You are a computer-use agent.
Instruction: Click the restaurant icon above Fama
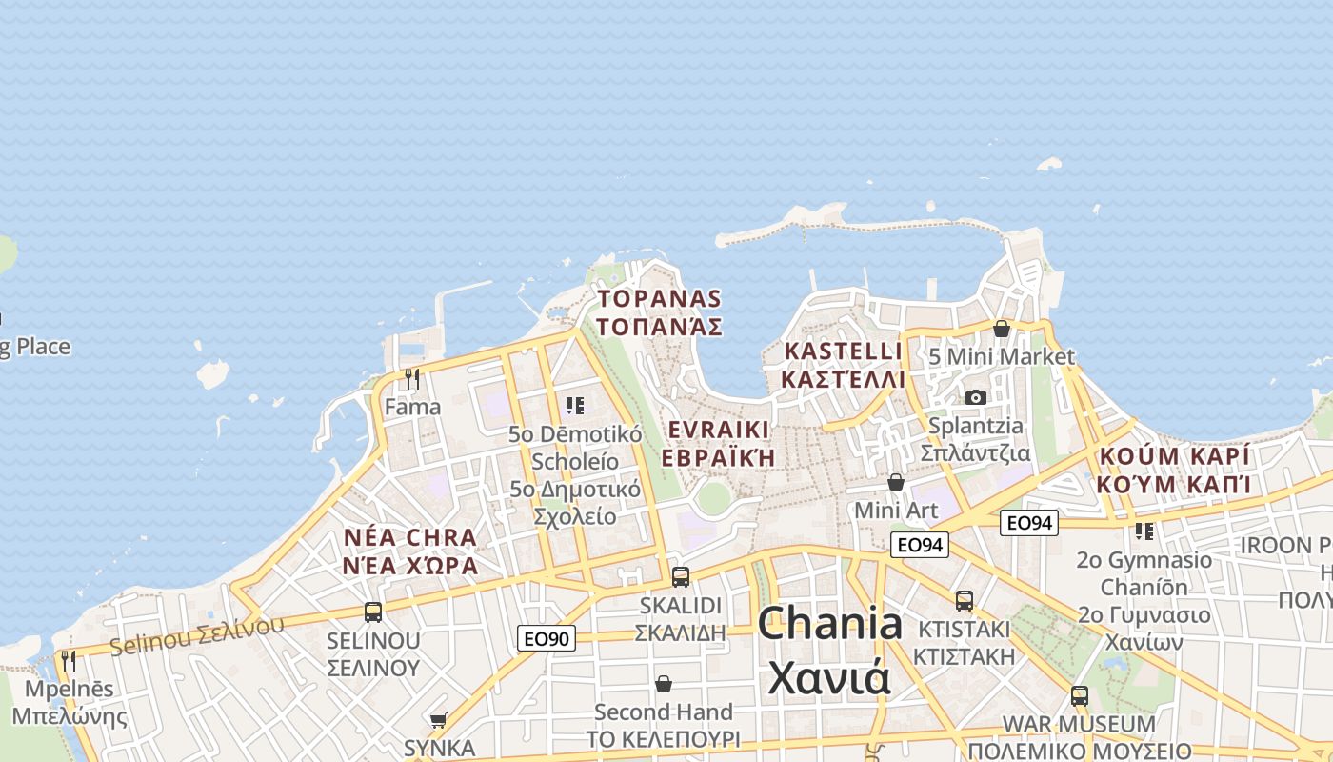[412, 379]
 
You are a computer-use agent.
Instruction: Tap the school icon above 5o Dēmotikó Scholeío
[574, 407]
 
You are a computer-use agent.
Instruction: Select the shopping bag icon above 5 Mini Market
[1002, 329]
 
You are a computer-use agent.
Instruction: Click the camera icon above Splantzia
[976, 397]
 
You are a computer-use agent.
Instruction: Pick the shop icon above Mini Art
[895, 482]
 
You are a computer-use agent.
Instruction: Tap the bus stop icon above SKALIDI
[680, 576]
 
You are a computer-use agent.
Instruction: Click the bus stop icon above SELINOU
[373, 612]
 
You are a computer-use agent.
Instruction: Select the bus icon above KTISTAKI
[965, 600]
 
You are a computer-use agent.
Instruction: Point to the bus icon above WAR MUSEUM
[1079, 695]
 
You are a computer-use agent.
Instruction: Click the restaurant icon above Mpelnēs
[68, 660]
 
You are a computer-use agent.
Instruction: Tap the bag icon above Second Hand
[664, 684]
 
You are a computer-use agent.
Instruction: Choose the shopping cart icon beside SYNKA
[438, 720]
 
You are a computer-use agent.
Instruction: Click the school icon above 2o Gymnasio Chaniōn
[1144, 531]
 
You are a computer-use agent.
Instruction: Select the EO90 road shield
[547, 638]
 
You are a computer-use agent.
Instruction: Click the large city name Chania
[829, 624]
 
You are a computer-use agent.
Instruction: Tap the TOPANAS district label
[659, 299]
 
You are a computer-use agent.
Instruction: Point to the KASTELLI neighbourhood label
[842, 351]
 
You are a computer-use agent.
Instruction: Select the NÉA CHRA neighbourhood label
[410, 537]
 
